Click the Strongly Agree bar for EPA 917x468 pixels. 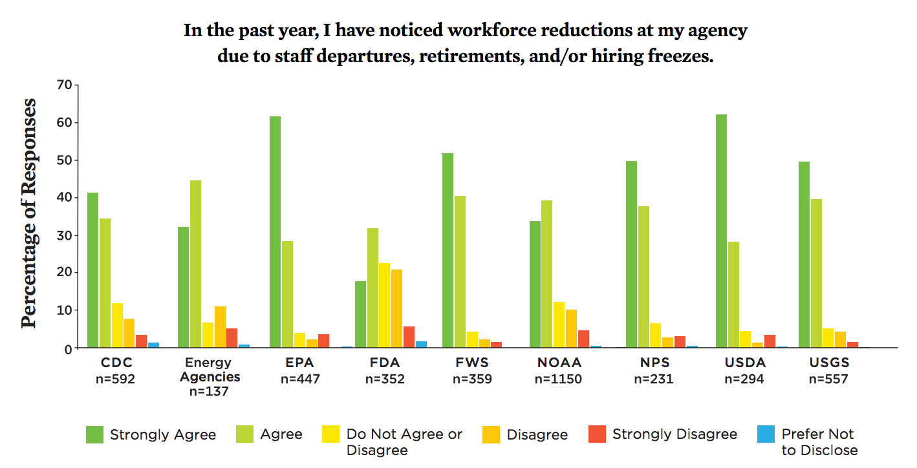coord(275,232)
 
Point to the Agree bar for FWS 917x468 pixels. coord(460,271)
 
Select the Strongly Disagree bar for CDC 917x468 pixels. coord(141,341)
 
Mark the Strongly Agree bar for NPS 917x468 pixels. coord(632,255)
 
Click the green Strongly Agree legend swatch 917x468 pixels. coord(94,434)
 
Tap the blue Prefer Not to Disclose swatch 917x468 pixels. coord(766,434)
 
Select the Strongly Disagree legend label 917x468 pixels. coord(674,434)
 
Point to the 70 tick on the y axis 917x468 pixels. coord(64,85)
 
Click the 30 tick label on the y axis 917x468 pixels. coord(64,235)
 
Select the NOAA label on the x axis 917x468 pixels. coord(558,363)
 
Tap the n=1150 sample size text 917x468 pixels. coord(558,379)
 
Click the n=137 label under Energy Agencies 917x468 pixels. coord(204,391)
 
